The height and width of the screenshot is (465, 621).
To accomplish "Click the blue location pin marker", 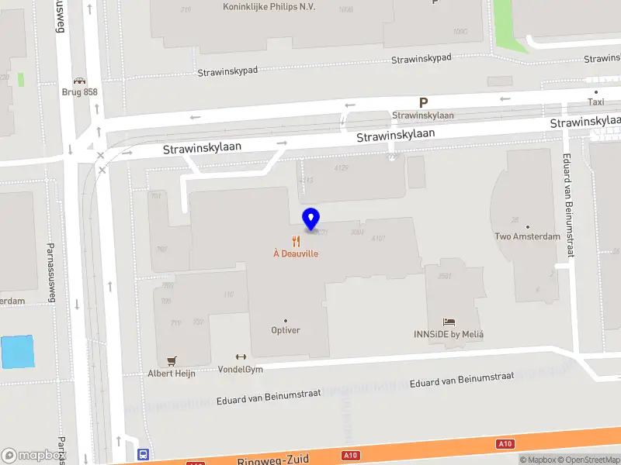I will coord(311,219).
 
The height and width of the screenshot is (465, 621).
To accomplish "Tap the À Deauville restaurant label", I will coord(296,253).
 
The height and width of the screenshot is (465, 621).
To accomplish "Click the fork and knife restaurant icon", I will coord(296,240).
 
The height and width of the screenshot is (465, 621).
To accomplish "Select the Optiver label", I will coord(285,330).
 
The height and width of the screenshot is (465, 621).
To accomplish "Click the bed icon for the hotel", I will coord(449,322).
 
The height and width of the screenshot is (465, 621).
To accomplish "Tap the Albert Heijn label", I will coord(172,373).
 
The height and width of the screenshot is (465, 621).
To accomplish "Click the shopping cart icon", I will coord(172,360).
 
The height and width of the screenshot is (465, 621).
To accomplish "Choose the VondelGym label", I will coord(240,369).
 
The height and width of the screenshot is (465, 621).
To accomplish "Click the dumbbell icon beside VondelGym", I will coord(240,357).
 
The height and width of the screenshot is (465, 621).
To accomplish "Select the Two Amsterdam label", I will coord(527,236).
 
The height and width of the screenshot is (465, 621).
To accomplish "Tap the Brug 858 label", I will coord(80,91).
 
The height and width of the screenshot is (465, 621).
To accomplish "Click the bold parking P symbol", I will coord(423,102).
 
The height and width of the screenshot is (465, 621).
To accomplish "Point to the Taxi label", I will coord(595,102).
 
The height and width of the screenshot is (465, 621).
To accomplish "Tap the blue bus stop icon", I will coord(144,454).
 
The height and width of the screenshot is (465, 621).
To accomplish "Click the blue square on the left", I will coord(18,352).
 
